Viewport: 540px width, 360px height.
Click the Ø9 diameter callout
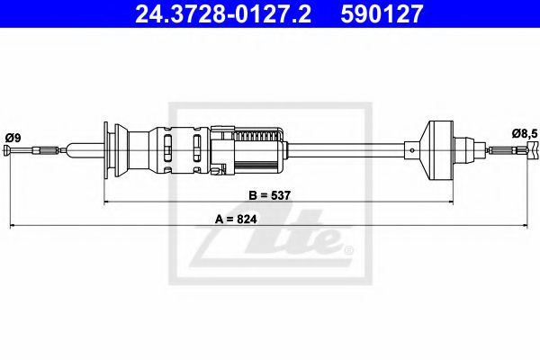pyautogui.click(x=13, y=137)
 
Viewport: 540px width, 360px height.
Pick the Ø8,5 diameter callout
pyautogui.click(x=525, y=133)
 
